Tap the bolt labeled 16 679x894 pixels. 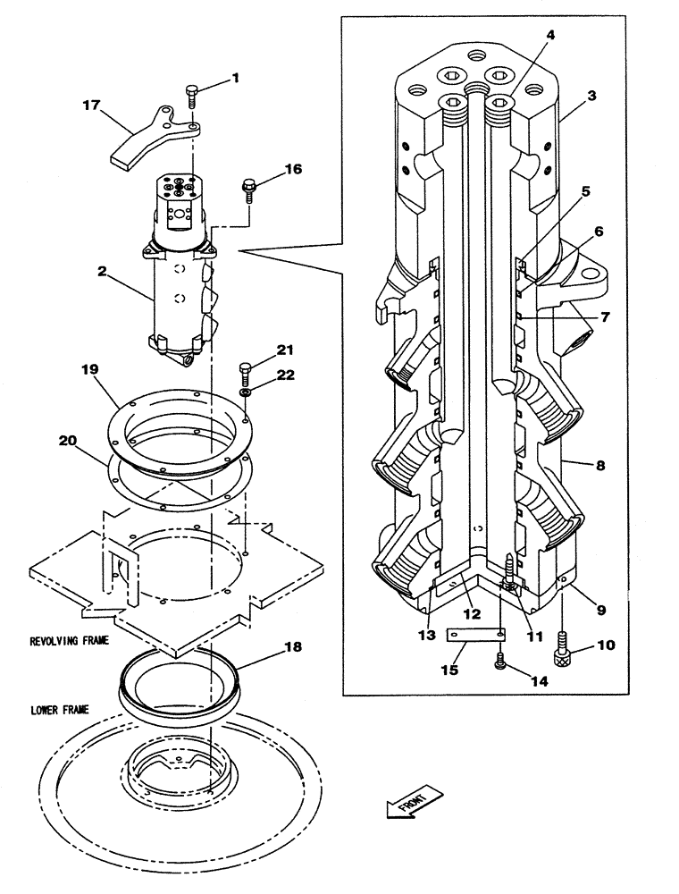click(248, 190)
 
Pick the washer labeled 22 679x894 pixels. click(245, 392)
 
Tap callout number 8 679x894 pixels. click(600, 465)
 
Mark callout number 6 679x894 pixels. click(598, 231)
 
